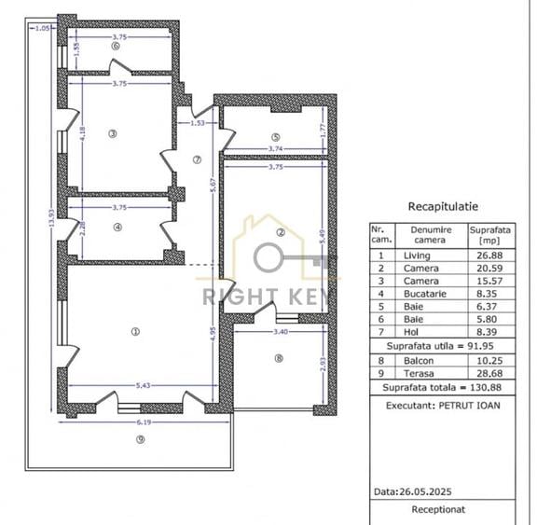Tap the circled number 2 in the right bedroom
tap(279, 232)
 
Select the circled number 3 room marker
tap(113, 133)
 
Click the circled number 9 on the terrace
tap(140, 441)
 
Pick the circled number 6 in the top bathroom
tap(115, 44)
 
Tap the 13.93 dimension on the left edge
tap(51, 224)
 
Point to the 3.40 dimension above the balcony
tap(279, 331)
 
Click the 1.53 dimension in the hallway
tap(197, 123)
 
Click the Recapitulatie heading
tap(444, 206)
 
